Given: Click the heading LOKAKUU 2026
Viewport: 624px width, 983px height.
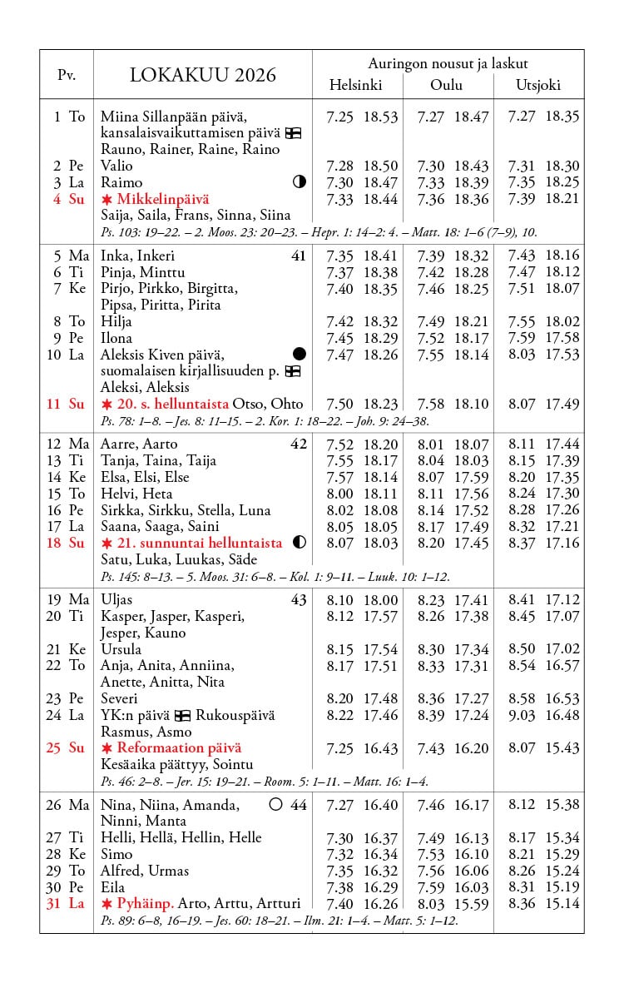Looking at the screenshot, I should (x=203, y=76).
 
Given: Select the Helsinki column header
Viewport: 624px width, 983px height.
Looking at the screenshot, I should (x=355, y=85).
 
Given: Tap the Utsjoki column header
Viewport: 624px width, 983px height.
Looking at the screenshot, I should (x=538, y=85).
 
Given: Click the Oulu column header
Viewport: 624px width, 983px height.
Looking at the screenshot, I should (x=446, y=85).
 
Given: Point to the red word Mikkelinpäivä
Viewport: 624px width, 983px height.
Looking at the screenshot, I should (x=163, y=199).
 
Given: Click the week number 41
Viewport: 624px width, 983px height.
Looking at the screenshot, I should (x=299, y=256).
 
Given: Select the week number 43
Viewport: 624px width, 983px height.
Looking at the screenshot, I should (x=299, y=600).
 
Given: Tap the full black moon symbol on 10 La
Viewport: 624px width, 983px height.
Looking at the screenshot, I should (x=300, y=355).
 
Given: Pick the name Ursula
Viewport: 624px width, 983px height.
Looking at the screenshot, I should (x=121, y=649).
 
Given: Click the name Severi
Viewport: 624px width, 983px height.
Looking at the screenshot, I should (x=119, y=698).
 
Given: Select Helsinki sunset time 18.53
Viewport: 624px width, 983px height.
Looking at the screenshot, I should (x=380, y=117).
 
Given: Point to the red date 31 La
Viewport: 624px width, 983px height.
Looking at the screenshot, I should (x=66, y=903).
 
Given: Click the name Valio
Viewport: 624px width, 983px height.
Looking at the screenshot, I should (x=116, y=166).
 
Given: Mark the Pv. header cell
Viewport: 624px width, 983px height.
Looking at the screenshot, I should (x=67, y=76).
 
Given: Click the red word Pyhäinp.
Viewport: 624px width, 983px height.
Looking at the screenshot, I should (x=145, y=903).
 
